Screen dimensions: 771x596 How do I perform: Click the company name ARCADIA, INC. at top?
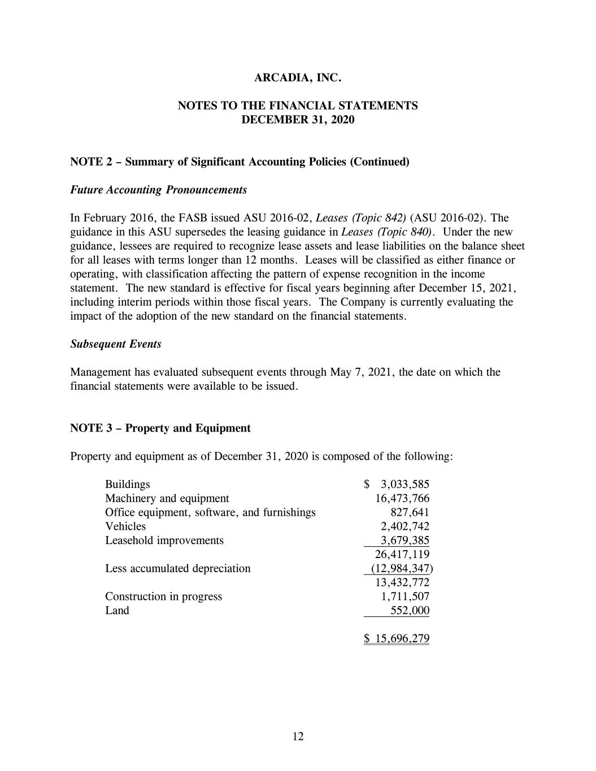click(298, 78)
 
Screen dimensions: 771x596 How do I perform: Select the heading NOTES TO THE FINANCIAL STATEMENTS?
click(298, 106)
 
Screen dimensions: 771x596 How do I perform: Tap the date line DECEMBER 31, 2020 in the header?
click(298, 120)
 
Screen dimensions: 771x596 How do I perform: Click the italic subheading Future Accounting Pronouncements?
click(158, 190)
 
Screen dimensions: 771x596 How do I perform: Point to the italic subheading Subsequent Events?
click(115, 344)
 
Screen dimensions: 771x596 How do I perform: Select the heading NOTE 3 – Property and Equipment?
click(160, 428)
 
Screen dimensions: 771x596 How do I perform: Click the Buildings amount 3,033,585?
click(404, 484)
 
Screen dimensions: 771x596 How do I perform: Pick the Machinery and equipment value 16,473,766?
click(402, 498)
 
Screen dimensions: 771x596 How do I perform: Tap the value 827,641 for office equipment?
click(410, 512)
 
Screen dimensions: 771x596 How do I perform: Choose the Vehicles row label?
click(125, 526)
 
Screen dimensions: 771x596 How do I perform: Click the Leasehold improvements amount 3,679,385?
click(404, 540)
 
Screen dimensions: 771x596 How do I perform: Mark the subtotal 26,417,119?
click(402, 554)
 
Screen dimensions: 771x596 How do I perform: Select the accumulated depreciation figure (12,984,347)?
click(402, 568)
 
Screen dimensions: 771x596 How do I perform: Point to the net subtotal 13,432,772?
click(402, 582)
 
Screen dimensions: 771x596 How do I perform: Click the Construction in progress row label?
click(163, 596)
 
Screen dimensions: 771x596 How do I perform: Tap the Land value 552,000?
click(410, 611)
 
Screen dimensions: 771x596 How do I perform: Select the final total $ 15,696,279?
click(397, 639)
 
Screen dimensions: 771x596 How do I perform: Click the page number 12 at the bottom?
click(298, 736)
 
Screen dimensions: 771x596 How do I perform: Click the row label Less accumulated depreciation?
click(177, 568)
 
